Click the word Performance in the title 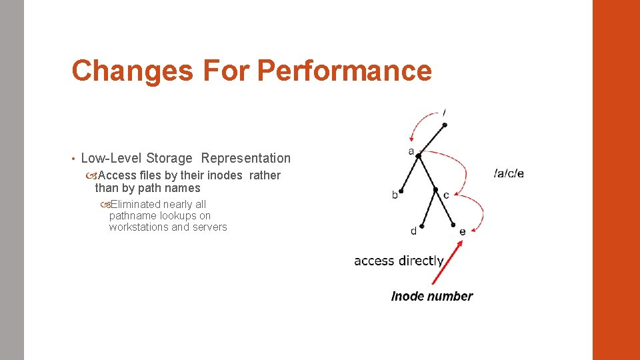click(x=344, y=71)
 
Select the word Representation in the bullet click(x=246, y=158)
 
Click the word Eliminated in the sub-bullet click(x=136, y=204)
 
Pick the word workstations click(x=138, y=227)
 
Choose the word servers click(x=210, y=227)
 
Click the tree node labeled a click(x=419, y=156)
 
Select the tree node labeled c click(x=436, y=190)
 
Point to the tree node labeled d click(x=421, y=225)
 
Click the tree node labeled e click(x=455, y=225)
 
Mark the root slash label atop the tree click(x=445, y=112)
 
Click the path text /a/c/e click(x=509, y=173)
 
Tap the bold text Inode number click(x=432, y=297)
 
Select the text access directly click(x=399, y=261)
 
